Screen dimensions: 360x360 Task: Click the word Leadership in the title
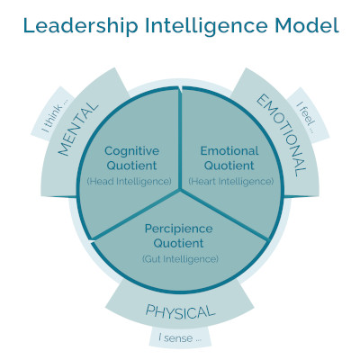tap(80, 26)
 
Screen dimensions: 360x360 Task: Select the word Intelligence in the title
tap(206, 26)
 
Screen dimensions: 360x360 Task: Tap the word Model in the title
tap(307, 25)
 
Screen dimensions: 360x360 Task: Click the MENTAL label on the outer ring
tap(78, 130)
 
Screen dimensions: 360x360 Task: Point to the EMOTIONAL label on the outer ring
tap(282, 135)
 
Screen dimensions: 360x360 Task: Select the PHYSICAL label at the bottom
tap(180, 311)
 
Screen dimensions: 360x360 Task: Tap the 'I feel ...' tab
tap(307, 117)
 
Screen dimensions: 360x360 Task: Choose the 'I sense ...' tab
tap(180, 338)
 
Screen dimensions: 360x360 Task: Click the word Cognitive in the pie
tap(131, 151)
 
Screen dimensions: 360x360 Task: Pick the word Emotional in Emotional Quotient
tap(229, 150)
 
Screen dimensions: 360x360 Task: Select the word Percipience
tap(179, 229)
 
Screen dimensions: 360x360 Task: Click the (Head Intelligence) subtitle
tap(130, 181)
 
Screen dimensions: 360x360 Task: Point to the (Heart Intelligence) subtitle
tap(231, 181)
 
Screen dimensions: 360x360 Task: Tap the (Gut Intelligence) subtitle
tap(180, 258)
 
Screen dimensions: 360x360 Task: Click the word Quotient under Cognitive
tap(131, 166)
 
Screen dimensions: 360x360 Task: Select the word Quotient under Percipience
tap(179, 243)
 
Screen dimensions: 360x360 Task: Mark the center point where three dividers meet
tap(180, 190)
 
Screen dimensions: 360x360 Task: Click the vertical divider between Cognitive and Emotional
tap(180, 139)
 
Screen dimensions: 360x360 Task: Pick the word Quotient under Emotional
tap(229, 166)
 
